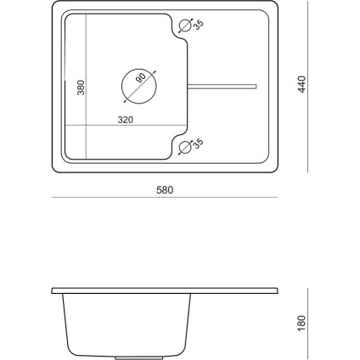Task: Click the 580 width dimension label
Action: click(x=164, y=189)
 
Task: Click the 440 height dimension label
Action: click(x=302, y=83)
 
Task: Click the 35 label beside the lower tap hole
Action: click(x=198, y=145)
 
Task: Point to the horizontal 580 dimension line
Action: click(x=164, y=198)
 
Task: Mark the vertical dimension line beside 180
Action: click(x=308, y=321)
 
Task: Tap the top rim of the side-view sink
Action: click(x=164, y=290)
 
